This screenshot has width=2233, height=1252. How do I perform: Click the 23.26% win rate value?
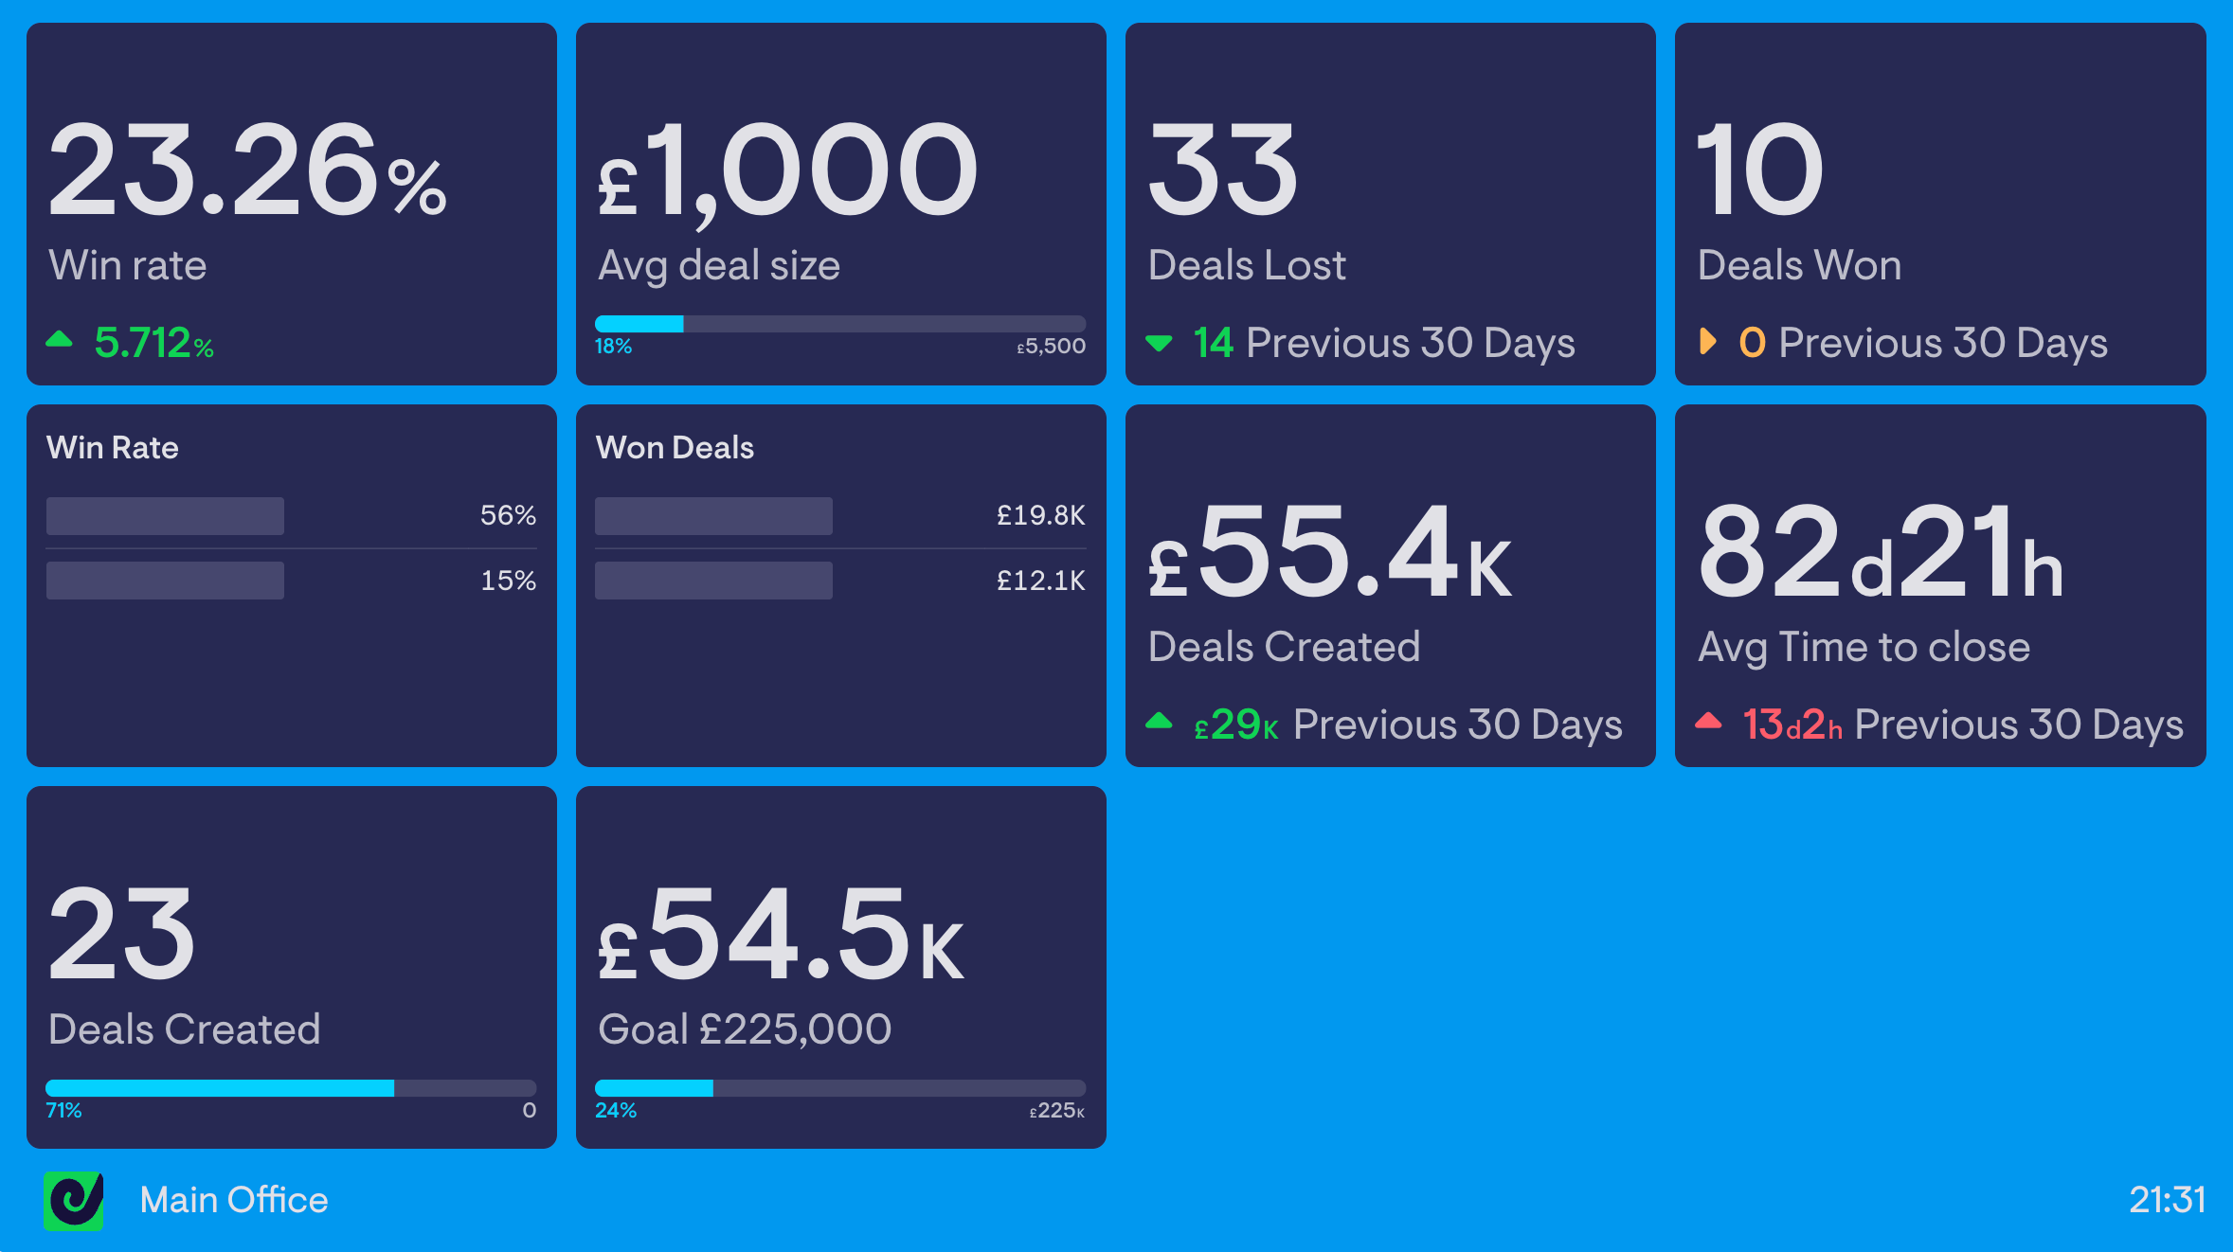tap(246, 170)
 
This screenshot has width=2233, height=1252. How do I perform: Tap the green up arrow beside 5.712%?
tap(60, 339)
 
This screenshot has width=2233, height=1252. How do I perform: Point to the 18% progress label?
tap(613, 347)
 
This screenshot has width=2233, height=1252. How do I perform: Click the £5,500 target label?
tap(1052, 347)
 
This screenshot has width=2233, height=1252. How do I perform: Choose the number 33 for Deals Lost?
tap(1222, 170)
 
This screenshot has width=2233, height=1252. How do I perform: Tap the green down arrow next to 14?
tap(1159, 343)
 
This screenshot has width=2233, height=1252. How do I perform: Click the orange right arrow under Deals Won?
tap(1707, 341)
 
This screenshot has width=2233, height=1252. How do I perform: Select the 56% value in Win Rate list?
tap(508, 515)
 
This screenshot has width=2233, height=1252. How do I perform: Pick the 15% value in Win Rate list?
tap(508, 581)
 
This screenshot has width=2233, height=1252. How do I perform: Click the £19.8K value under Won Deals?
tap(1040, 515)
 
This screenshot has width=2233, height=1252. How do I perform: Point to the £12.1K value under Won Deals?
tap(1040, 581)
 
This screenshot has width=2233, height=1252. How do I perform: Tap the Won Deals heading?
tap(675, 448)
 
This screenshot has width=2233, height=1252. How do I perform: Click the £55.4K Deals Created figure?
tap(1329, 553)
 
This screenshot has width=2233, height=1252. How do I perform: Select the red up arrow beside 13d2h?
tap(1708, 722)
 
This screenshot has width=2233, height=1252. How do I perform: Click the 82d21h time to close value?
tap(1881, 553)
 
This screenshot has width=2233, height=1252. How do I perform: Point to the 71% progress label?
tap(63, 1110)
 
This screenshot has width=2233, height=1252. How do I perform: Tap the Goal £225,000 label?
tap(745, 1029)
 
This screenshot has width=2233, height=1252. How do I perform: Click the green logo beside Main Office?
tap(74, 1201)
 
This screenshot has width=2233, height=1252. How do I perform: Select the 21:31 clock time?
tap(2168, 1200)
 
